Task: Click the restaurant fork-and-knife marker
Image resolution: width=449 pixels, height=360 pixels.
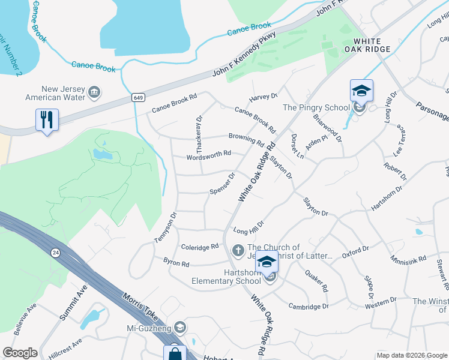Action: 46,119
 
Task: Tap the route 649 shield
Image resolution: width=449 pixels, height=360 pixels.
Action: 137,97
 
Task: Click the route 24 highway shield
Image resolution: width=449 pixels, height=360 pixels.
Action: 55,252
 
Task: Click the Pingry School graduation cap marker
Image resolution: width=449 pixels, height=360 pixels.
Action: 361,91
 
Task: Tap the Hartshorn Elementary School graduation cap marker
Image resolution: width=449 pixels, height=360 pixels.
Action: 267,262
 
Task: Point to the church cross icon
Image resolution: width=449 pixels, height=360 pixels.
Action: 238,250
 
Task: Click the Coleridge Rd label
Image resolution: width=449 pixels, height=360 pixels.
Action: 199,247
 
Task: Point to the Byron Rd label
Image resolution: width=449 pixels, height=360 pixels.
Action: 176,263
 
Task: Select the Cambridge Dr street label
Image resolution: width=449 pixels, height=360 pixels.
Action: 309,306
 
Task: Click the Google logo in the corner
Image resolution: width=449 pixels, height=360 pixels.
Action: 20,353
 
